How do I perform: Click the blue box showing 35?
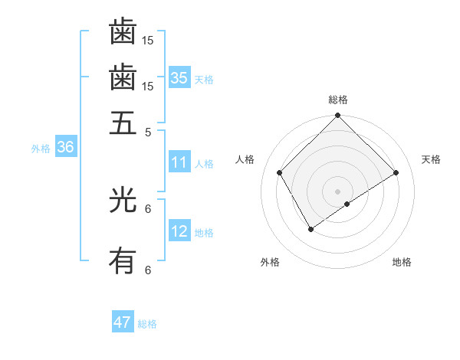coord(179,77)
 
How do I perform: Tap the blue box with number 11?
coord(179,162)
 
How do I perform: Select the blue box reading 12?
coord(179,231)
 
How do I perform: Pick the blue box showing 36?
coord(65,147)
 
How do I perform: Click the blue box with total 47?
coord(123,322)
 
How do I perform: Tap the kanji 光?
coord(123,201)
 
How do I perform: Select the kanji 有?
coord(123,262)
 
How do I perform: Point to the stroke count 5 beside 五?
coord(149,131)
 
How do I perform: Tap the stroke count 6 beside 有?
coord(149,270)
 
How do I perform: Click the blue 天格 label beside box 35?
coord(204,80)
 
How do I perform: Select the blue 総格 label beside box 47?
coord(147,324)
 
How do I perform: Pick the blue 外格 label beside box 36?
coord(41,149)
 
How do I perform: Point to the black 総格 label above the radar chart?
coord(338,100)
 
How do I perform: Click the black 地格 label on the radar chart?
coord(402,262)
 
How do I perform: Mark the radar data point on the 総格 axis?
coord(338,116)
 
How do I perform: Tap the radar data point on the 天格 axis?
coord(396,173)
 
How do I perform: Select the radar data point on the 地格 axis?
coord(347,204)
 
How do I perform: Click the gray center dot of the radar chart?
coord(338,191)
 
